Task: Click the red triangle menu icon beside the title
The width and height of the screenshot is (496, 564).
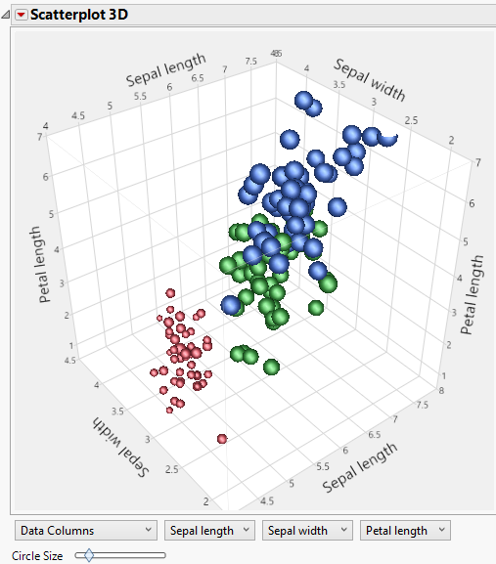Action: pyautogui.click(x=20, y=15)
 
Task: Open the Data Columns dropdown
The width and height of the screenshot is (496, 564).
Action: pyautogui.click(x=86, y=531)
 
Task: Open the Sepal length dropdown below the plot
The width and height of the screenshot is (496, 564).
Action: pyautogui.click(x=209, y=531)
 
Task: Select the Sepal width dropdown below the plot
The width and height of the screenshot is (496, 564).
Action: pyautogui.click(x=307, y=531)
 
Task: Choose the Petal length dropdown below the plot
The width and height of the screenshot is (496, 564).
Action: pyautogui.click(x=405, y=531)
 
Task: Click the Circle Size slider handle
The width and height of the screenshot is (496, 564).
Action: pyautogui.click(x=89, y=555)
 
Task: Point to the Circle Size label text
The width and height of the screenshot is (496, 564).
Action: pyautogui.click(x=37, y=555)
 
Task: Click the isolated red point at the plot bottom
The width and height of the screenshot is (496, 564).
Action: pyautogui.click(x=223, y=439)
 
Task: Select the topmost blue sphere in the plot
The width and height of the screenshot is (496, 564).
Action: pyautogui.click(x=304, y=102)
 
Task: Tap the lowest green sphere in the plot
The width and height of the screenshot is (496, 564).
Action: pyautogui.click(x=273, y=367)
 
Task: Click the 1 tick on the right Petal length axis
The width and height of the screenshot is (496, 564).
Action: pyautogui.click(x=445, y=375)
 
